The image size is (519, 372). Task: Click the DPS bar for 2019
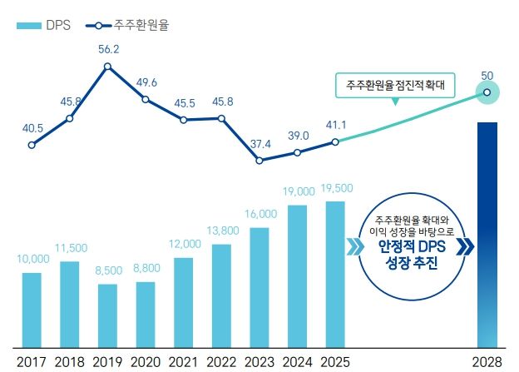coord(107,315)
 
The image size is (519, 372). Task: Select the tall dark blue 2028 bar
coord(487,233)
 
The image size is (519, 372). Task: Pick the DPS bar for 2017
coord(32,309)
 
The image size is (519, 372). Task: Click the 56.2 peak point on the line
coord(107,66)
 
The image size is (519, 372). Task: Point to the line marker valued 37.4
coord(259,160)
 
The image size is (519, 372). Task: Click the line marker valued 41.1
coord(334,141)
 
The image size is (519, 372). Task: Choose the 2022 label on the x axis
coord(221,362)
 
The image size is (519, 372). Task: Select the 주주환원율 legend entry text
coord(141,26)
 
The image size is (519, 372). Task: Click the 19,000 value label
coord(299,191)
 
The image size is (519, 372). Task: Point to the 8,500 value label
coord(107,270)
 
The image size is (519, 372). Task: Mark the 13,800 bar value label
coord(221,230)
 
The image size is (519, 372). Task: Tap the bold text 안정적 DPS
coord(409,247)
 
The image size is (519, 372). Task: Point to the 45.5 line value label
coord(183,104)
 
